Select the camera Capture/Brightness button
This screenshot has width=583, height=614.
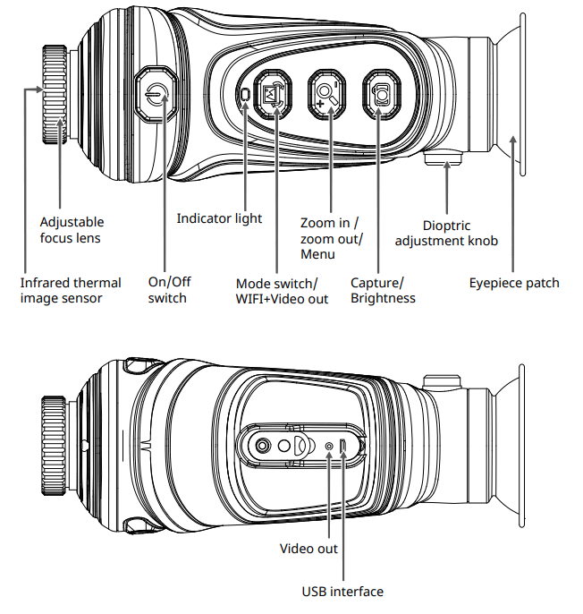[x=382, y=94]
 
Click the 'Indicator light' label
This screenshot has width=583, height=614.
[x=219, y=218]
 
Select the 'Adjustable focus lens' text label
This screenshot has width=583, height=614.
[x=72, y=230]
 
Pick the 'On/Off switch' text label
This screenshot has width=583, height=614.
[x=169, y=290]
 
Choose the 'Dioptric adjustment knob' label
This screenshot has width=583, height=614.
[x=446, y=234]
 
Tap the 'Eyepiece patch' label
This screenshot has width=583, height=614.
[x=514, y=283]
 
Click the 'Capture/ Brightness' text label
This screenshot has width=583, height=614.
[x=383, y=290]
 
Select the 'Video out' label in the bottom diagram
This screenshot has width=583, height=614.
[x=308, y=548]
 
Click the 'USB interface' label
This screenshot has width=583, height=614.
[x=342, y=592]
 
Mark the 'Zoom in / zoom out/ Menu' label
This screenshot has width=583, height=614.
[x=332, y=237]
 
